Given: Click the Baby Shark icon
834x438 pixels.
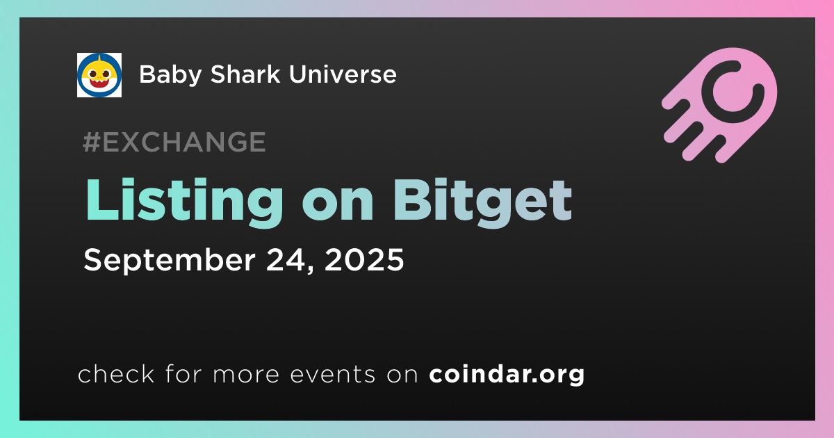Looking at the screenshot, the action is click(99, 75).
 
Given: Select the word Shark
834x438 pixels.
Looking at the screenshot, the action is click(245, 74).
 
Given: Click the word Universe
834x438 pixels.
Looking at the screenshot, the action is click(343, 74).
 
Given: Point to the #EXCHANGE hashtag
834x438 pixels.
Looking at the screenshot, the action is click(174, 142).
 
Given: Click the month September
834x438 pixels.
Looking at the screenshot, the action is click(170, 261).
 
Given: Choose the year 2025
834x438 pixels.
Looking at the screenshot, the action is click(364, 259).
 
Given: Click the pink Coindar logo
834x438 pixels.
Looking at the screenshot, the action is click(719, 105).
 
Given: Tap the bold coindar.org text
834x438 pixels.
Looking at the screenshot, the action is click(507, 375).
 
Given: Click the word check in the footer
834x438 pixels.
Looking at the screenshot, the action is click(116, 373).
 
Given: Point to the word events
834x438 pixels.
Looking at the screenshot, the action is click(333, 375).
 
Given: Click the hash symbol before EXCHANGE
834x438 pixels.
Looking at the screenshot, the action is click(91, 142).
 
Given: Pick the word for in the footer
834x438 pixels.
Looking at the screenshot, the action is click(184, 373).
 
